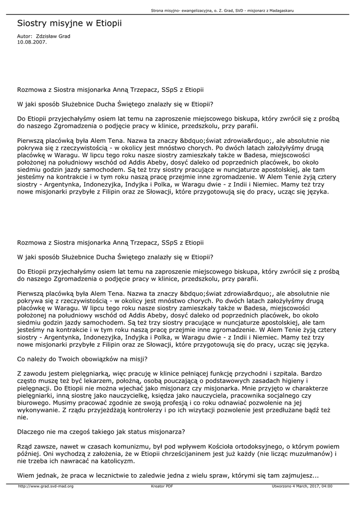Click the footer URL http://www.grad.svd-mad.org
(x=46, y=486)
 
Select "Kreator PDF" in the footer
(x=162, y=486)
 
